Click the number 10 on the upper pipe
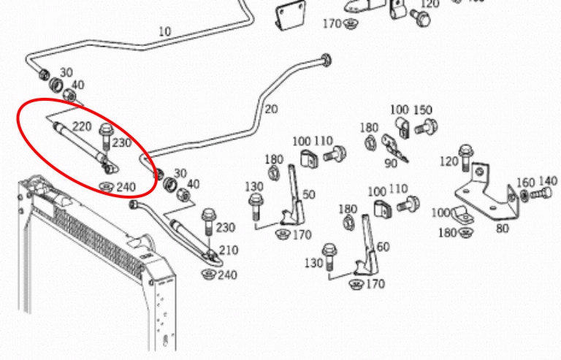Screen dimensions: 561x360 coord(164,31)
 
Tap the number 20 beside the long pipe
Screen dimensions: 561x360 coord(271,110)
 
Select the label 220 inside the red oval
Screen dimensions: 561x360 coord(82,126)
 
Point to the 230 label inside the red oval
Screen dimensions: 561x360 coord(122,143)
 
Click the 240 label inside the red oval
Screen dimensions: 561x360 coord(126,187)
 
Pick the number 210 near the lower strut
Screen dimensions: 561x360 coord(228,250)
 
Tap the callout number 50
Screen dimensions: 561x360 coord(308,194)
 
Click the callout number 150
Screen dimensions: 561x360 coord(423,110)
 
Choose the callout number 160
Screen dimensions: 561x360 coord(526,182)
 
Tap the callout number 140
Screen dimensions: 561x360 coord(548,182)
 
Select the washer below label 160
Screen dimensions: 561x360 coord(525,196)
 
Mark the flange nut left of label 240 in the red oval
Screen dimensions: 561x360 coord(107,186)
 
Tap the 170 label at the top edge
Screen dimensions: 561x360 coord(332,24)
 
